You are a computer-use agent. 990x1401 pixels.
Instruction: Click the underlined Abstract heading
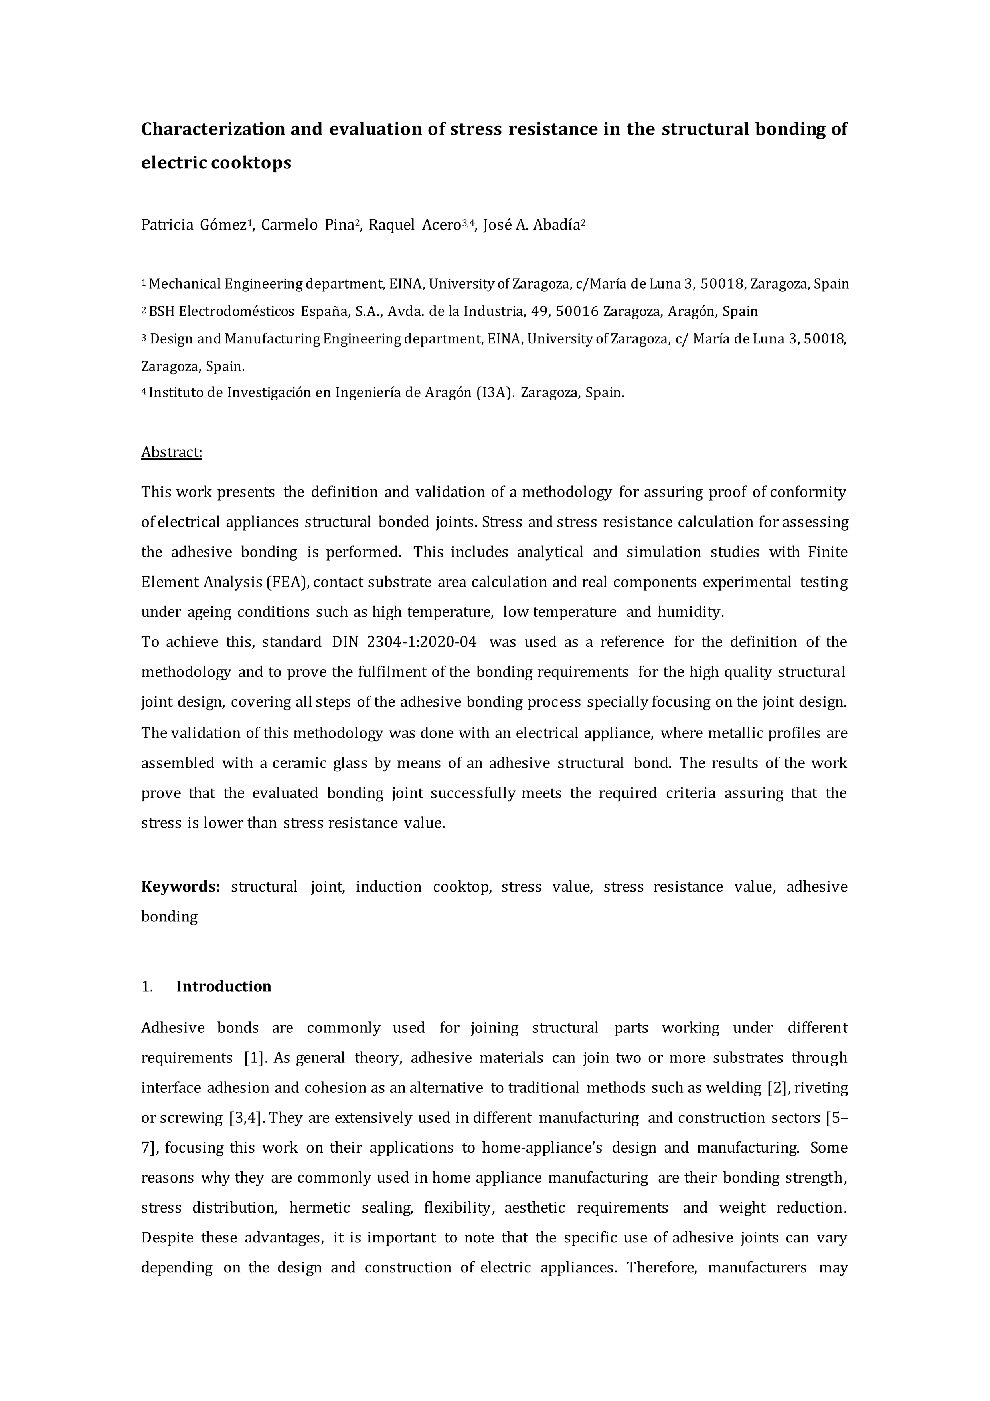[172, 452]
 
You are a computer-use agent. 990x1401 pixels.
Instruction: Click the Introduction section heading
[223, 987]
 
